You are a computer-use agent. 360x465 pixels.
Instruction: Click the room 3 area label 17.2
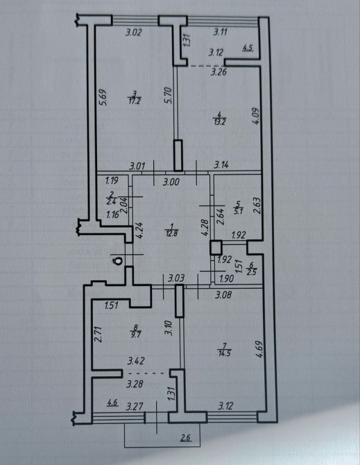(135, 101)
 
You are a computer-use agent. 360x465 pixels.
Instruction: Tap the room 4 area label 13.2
(220, 121)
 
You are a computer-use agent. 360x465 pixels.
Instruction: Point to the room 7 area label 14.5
(224, 353)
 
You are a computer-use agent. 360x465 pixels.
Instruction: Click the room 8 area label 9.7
(137, 335)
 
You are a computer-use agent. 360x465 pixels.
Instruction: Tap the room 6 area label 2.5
(252, 271)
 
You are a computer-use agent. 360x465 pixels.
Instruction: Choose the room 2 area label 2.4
(112, 203)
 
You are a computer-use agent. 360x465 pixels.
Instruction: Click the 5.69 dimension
(104, 98)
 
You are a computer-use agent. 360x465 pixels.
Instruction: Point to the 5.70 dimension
(169, 95)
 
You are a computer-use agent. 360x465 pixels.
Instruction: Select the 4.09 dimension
(256, 116)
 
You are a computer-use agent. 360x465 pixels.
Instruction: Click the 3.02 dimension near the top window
(134, 33)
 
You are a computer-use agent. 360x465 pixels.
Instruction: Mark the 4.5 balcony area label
(248, 48)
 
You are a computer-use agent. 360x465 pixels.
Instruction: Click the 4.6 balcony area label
(112, 403)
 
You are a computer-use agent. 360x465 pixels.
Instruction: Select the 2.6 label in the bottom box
(185, 437)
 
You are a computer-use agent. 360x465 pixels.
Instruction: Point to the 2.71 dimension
(99, 335)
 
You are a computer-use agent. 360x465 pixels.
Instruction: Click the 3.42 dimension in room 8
(136, 361)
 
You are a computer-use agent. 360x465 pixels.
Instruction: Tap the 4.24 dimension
(140, 230)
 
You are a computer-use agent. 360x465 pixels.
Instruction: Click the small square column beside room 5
(216, 248)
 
